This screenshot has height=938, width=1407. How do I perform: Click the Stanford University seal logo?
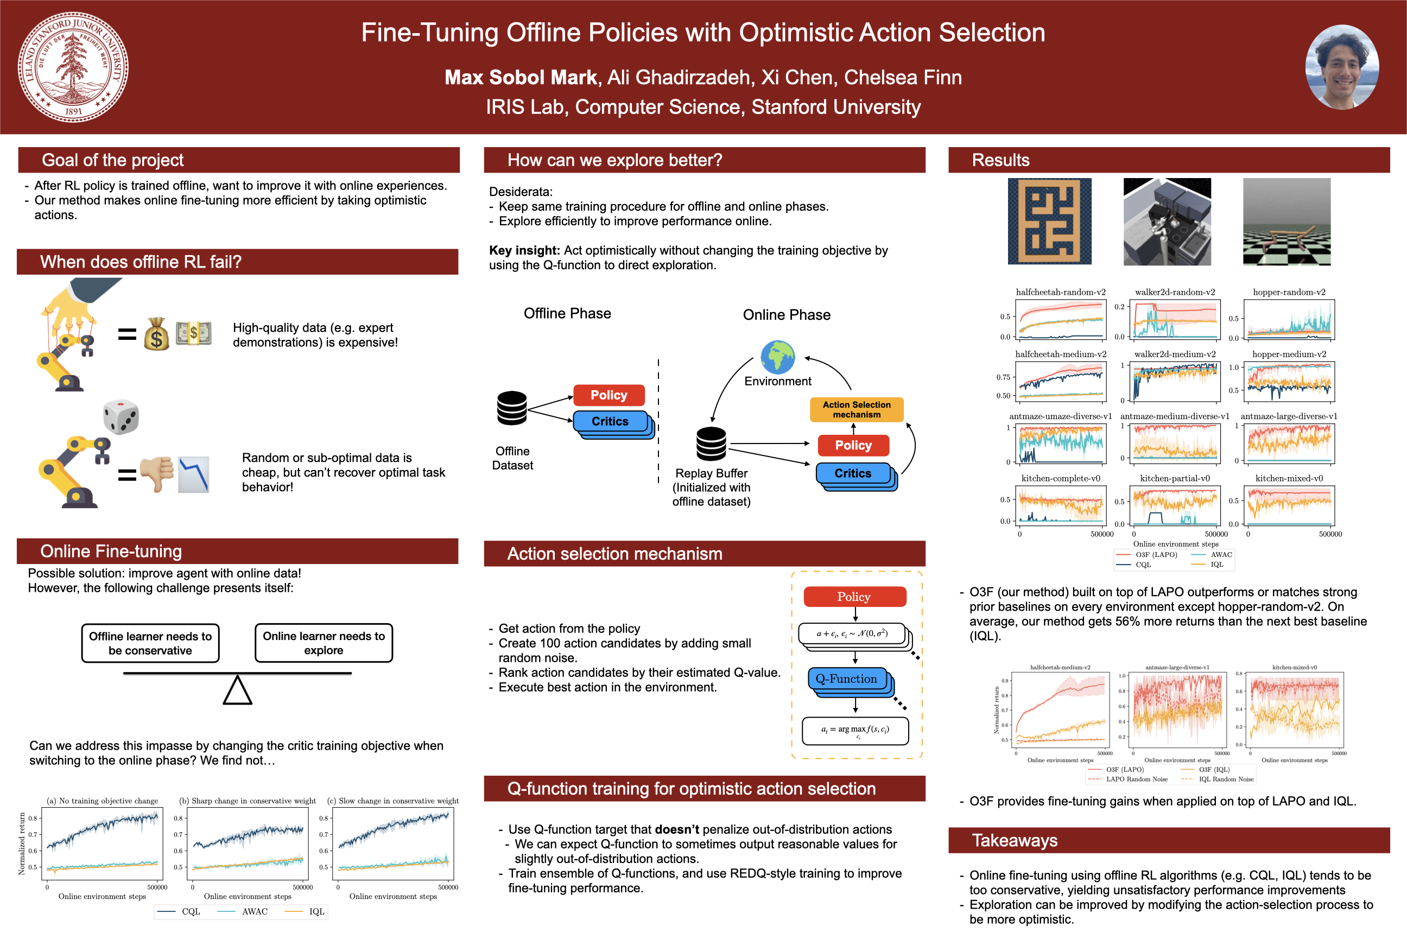coord(73,67)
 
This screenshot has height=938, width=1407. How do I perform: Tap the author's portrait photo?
coord(1342,67)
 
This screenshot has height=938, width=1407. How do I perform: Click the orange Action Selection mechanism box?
coord(856,410)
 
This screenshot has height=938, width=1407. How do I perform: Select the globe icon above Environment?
coord(778,357)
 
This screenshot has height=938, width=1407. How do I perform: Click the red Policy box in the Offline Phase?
coord(609,395)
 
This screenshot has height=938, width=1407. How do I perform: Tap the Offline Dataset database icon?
coord(512,408)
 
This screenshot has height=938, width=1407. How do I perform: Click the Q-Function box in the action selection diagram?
coord(846,679)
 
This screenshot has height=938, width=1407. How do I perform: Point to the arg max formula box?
coord(855,731)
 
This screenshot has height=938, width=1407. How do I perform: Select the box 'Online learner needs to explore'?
coord(324,643)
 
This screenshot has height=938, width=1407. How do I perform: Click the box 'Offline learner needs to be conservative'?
coord(150,644)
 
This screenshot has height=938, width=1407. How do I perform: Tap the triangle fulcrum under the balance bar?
coord(238,690)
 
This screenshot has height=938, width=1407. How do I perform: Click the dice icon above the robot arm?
coord(121,416)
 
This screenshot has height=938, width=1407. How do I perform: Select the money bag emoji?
coord(157,334)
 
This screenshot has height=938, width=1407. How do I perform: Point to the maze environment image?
coord(1049,221)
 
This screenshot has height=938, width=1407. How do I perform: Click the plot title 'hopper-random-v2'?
coord(1289,292)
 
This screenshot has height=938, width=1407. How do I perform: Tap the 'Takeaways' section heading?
coord(1015,840)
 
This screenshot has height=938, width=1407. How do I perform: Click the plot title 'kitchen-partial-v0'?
coord(1174,478)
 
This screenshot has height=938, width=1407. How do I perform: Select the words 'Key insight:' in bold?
coord(524,251)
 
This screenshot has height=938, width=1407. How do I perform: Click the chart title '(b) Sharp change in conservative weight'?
coord(247,801)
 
